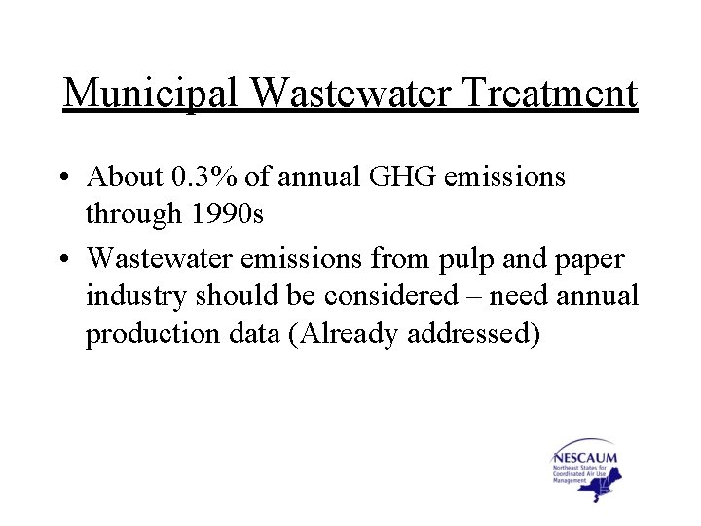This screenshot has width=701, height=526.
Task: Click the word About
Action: pos(122,176)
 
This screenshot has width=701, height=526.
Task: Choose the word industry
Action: pos(136,295)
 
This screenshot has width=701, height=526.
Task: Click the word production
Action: pos(140,334)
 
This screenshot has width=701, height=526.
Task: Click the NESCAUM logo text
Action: pos(584,457)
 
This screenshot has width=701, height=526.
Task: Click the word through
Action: pos(126,214)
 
